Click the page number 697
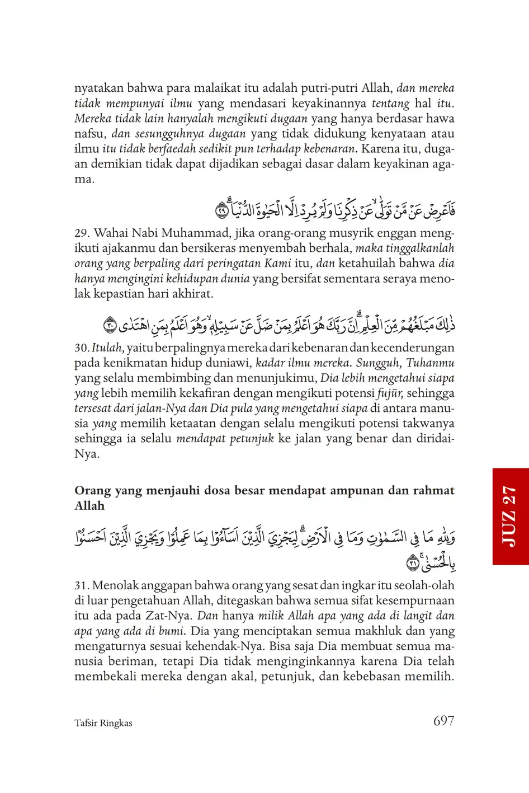click(x=443, y=721)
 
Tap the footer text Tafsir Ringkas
click(x=103, y=723)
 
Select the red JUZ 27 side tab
click(x=511, y=516)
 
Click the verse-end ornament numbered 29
click(x=221, y=211)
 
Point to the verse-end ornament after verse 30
click(x=110, y=325)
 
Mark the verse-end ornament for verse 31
click(x=413, y=562)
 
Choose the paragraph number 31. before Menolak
click(x=82, y=585)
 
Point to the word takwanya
click(x=427, y=424)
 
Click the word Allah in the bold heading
click(x=89, y=506)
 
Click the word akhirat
click(x=194, y=293)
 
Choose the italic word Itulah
click(x=107, y=348)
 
